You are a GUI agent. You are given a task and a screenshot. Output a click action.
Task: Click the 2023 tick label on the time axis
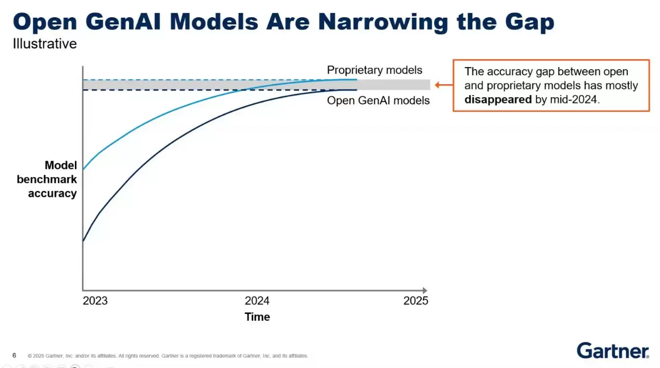(95, 301)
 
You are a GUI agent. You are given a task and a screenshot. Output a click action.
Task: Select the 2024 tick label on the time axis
(257, 301)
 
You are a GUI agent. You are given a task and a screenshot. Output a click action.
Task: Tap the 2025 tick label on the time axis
(416, 301)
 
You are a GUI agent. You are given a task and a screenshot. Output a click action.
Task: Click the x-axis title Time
(257, 317)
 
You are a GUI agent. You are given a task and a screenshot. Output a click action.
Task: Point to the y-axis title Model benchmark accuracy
(47, 179)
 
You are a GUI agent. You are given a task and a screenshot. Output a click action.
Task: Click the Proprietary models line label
(374, 70)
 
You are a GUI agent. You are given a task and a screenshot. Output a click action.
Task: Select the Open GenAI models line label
(378, 100)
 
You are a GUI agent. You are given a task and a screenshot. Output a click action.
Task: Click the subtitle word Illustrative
(45, 44)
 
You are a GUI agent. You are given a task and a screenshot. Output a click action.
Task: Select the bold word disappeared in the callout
(498, 99)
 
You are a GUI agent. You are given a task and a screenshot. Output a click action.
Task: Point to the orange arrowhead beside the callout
(438, 85)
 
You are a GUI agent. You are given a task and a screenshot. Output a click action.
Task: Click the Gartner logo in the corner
(613, 350)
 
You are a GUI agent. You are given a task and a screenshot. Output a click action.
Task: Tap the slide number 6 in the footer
(15, 356)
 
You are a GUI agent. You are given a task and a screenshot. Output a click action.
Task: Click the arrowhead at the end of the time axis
(424, 290)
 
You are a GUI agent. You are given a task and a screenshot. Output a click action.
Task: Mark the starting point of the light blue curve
(84, 169)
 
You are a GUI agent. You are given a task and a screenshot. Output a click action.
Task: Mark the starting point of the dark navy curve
(84, 241)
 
